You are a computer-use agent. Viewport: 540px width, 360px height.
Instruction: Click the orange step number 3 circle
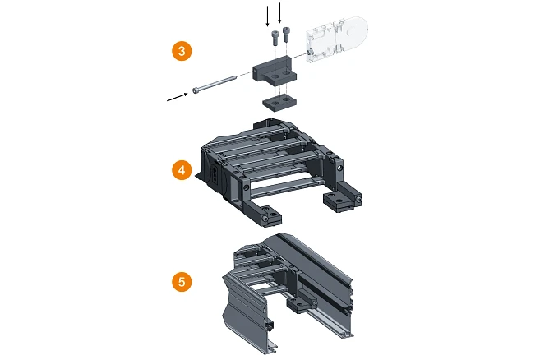[x=182, y=51]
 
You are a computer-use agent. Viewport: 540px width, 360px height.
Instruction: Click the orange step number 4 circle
[x=182, y=170]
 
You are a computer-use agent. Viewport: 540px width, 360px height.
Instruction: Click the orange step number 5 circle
[x=182, y=282]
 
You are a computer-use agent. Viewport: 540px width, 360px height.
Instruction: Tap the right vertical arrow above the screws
[x=280, y=13]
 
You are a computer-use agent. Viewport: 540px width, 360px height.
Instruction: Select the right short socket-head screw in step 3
[x=286, y=35]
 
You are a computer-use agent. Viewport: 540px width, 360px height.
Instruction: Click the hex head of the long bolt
[x=196, y=90]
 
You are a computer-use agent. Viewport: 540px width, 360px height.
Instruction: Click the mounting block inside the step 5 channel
[x=302, y=305]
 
